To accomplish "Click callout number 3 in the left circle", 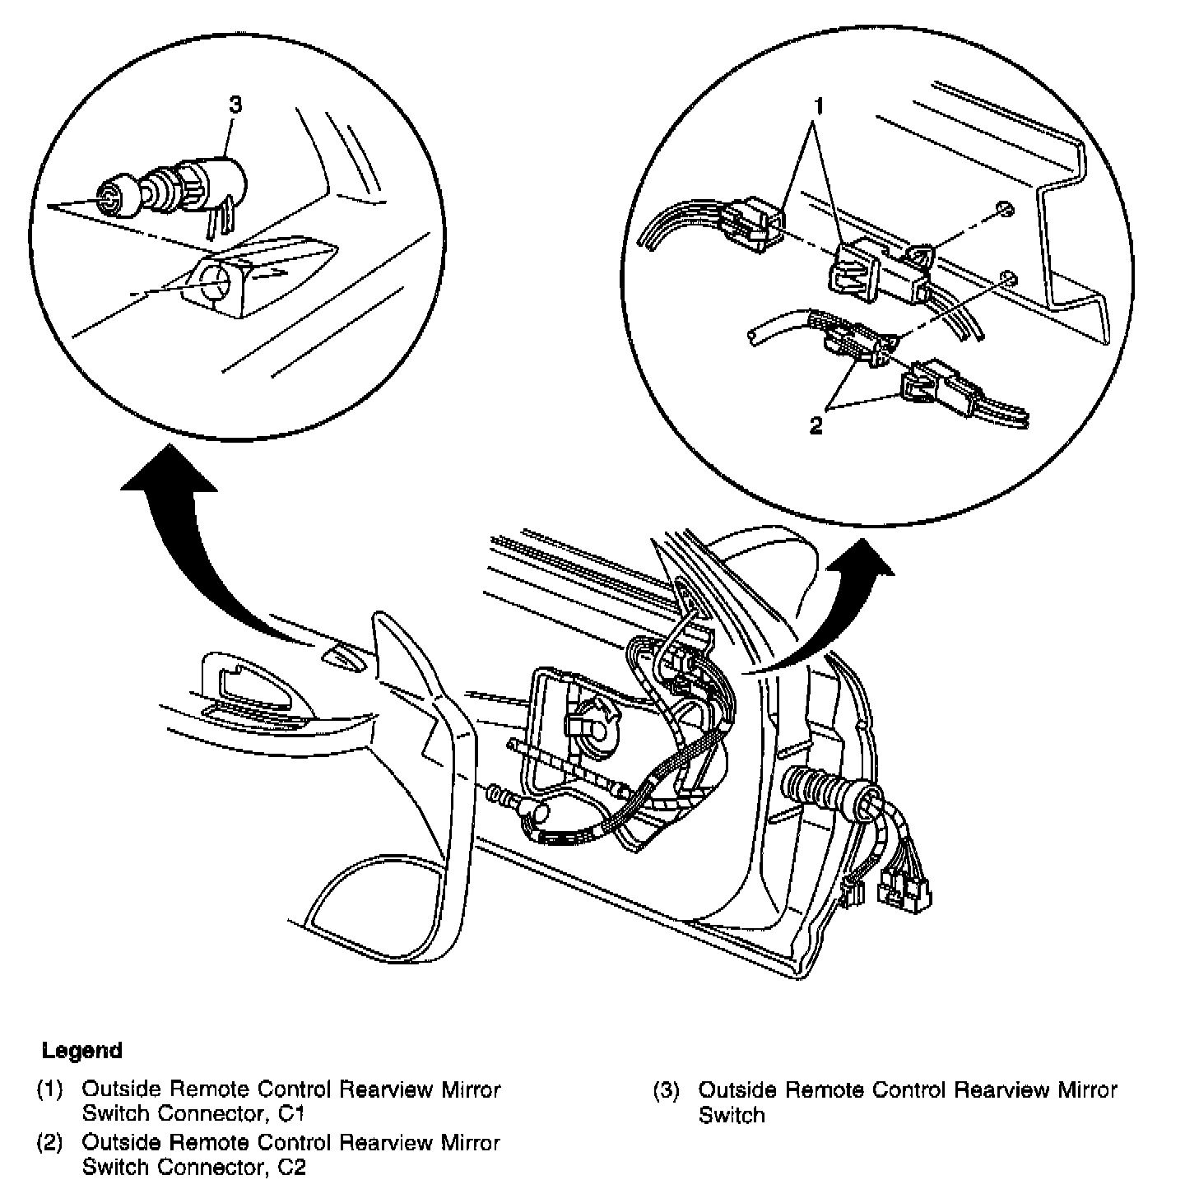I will [x=235, y=105].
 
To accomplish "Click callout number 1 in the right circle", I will [x=819, y=106].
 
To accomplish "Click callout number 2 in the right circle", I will [x=816, y=425].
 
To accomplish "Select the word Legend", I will [x=82, y=1050].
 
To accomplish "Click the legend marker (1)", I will [x=49, y=1090].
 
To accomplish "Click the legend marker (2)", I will [x=49, y=1143].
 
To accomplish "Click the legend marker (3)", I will [x=667, y=1090].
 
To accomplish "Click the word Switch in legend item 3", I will [x=732, y=1115].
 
